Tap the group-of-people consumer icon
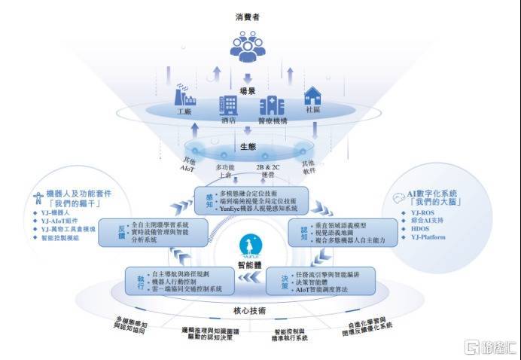(x=248, y=47)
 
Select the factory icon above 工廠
(x=184, y=98)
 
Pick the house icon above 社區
(x=312, y=96)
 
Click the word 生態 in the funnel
(x=248, y=146)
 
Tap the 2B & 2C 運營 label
(x=267, y=171)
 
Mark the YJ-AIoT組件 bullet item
(x=61, y=220)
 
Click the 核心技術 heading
(x=248, y=310)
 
